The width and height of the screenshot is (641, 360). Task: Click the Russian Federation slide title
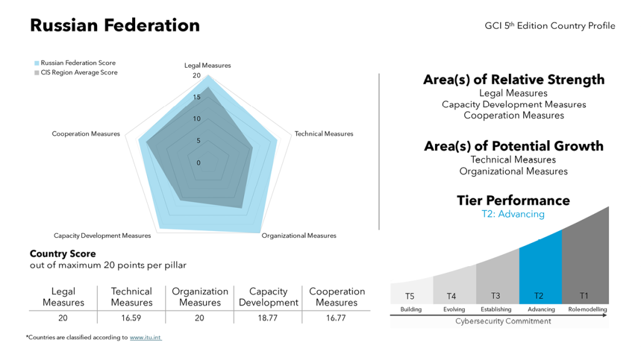[115, 26]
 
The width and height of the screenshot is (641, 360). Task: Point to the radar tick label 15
[197, 98]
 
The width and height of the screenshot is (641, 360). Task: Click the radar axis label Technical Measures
[324, 134]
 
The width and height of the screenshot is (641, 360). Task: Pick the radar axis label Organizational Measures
[299, 236]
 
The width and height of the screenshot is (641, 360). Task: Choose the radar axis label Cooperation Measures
[86, 134]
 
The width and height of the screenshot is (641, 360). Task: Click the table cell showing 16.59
[131, 318]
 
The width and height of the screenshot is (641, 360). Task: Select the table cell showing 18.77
[268, 318]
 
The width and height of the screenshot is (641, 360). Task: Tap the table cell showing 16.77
[336, 318]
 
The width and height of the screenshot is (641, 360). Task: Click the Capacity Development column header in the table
[268, 297]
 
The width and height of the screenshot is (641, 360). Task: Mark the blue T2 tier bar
[540, 269]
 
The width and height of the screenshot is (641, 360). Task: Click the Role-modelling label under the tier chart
[587, 309]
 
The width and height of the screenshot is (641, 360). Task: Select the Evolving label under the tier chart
[453, 309]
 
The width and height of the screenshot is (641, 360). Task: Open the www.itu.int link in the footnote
[145, 337]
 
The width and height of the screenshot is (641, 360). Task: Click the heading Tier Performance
[513, 200]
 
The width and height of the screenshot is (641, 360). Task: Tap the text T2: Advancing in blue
[513, 214]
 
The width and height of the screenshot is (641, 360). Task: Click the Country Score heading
[63, 254]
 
